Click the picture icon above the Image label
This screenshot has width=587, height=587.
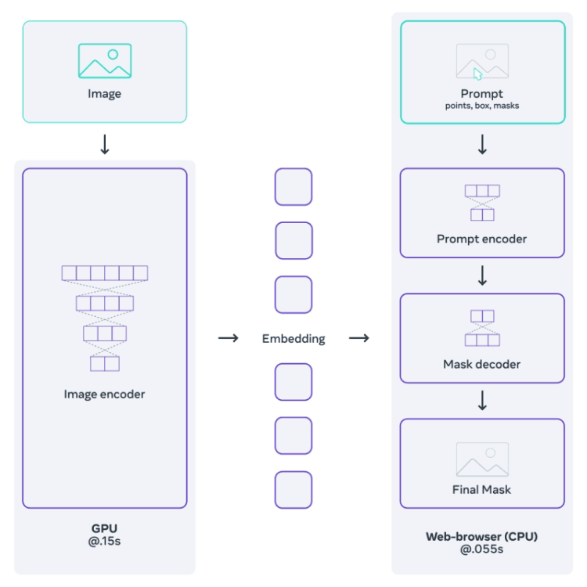(105, 61)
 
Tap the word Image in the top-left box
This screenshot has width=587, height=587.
(105, 94)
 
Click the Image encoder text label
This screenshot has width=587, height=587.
(104, 394)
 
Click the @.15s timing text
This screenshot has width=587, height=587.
(104, 542)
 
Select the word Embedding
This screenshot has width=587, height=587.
(293, 339)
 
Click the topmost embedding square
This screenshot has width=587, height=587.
(293, 187)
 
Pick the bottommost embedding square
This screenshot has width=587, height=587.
(293, 489)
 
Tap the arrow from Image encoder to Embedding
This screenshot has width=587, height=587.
(228, 338)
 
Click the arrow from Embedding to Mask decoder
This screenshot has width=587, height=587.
(359, 338)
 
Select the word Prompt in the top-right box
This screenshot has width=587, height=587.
(482, 94)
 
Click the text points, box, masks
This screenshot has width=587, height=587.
(482, 106)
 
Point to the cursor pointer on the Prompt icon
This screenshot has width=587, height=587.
(477, 74)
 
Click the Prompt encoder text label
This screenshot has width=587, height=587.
(482, 239)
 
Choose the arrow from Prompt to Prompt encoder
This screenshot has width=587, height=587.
(482, 145)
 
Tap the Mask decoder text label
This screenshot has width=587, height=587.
(482, 364)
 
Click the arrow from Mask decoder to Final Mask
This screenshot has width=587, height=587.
(482, 400)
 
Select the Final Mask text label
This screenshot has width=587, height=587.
(482, 490)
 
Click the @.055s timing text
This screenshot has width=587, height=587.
(482, 550)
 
